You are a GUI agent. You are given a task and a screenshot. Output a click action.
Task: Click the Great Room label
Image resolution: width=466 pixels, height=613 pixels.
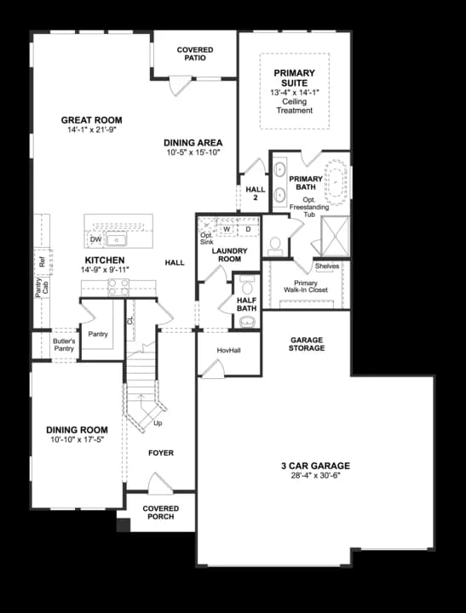pyautogui.click(x=91, y=120)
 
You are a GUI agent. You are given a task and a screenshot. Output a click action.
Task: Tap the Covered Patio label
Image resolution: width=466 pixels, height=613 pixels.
pyautogui.click(x=195, y=55)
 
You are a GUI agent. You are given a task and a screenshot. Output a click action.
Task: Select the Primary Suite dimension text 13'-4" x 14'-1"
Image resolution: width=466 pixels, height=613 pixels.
pyautogui.click(x=294, y=92)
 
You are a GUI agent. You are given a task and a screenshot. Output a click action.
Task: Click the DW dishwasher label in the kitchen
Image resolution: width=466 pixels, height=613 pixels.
pyautogui.click(x=96, y=240)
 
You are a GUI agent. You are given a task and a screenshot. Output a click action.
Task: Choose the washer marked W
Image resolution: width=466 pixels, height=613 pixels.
pyautogui.click(x=227, y=229)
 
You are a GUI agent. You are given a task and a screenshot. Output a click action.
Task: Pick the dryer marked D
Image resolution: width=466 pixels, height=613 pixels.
pyautogui.click(x=248, y=229)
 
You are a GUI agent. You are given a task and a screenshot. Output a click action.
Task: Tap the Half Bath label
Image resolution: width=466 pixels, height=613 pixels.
pyautogui.click(x=246, y=302)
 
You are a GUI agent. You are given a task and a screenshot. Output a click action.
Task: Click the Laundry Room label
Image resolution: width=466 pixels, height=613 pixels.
pyautogui.click(x=229, y=255)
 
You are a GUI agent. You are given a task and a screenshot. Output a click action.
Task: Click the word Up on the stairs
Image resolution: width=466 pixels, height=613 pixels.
pyautogui.click(x=158, y=423)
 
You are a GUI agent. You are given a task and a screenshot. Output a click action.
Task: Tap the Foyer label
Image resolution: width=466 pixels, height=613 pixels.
pyautogui.click(x=161, y=453)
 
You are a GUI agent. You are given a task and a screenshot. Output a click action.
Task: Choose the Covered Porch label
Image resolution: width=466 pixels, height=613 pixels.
pyautogui.click(x=160, y=513)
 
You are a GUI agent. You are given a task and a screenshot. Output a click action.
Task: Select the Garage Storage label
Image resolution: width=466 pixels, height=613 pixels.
pyautogui.click(x=307, y=344)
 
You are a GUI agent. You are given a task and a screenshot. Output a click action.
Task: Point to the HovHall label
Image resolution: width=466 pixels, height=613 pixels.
pyautogui.click(x=228, y=351)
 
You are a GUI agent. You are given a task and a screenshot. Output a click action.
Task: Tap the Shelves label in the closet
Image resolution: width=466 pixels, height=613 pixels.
pyautogui.click(x=327, y=266)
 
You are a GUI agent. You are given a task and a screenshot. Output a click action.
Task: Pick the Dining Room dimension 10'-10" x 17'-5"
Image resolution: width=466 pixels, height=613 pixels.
pyautogui.click(x=78, y=440)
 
